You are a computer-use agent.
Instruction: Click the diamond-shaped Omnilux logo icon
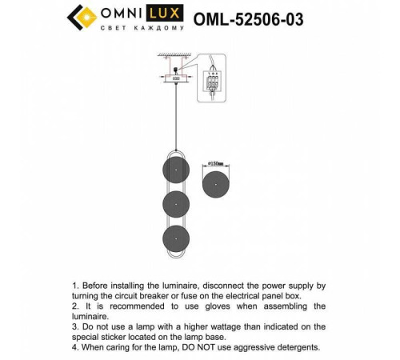click(78, 17)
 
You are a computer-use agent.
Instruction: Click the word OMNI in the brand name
click(121, 13)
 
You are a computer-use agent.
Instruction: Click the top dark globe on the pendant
click(175, 170)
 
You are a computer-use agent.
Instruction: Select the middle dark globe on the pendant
click(175, 204)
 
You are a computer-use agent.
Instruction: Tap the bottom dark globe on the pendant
click(175, 238)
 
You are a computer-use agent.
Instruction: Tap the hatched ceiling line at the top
click(175, 56)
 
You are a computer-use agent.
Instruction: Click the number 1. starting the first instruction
click(76, 285)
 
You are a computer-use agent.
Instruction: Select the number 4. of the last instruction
click(76, 347)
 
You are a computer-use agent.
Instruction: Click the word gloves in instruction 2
click(226, 306)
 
